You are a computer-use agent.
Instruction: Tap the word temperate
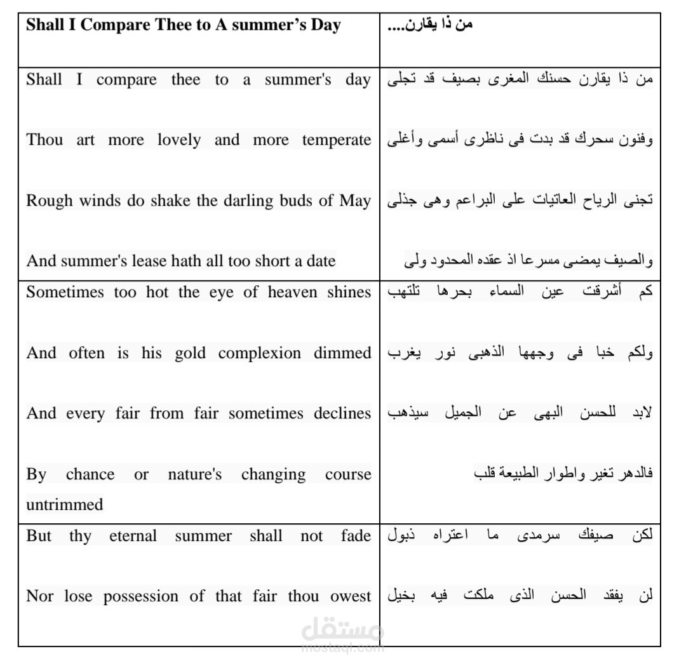pyautogui.click(x=337, y=140)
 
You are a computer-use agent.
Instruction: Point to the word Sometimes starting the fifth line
pyautogui.click(x=64, y=293)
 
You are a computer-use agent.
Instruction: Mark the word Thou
pyautogui.click(x=44, y=140)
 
